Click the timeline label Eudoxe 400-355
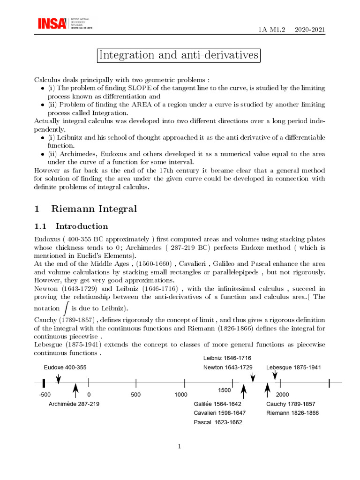coord(65,367)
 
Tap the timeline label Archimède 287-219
coord(74,404)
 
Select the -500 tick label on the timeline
coord(45,395)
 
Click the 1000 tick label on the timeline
coord(181,395)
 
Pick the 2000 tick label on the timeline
coord(282,395)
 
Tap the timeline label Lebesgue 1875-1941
coord(293,367)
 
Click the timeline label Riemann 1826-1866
coord(292,413)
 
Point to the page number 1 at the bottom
coord(180,446)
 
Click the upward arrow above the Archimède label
coord(75,390)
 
